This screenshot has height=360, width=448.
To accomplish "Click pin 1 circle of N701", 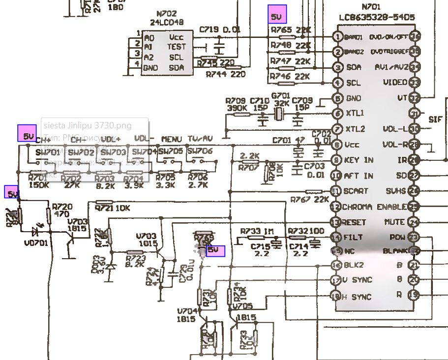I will [337, 37].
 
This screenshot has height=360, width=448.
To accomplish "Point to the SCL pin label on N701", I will [353, 83].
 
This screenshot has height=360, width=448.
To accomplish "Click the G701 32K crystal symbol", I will [279, 115].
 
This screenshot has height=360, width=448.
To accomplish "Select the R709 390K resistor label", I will [236, 104].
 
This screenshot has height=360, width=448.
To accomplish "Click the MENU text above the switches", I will [171, 140].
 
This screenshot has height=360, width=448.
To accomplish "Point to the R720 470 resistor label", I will [61, 210].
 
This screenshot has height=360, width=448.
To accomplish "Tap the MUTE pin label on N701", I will [394, 222].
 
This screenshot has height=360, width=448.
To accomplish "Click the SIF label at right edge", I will [435, 120].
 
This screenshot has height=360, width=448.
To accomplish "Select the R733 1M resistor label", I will [257, 231].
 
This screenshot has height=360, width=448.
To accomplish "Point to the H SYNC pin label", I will [358, 297].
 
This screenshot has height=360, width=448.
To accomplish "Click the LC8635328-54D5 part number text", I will [376, 17].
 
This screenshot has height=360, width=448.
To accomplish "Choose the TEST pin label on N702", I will [177, 47].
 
